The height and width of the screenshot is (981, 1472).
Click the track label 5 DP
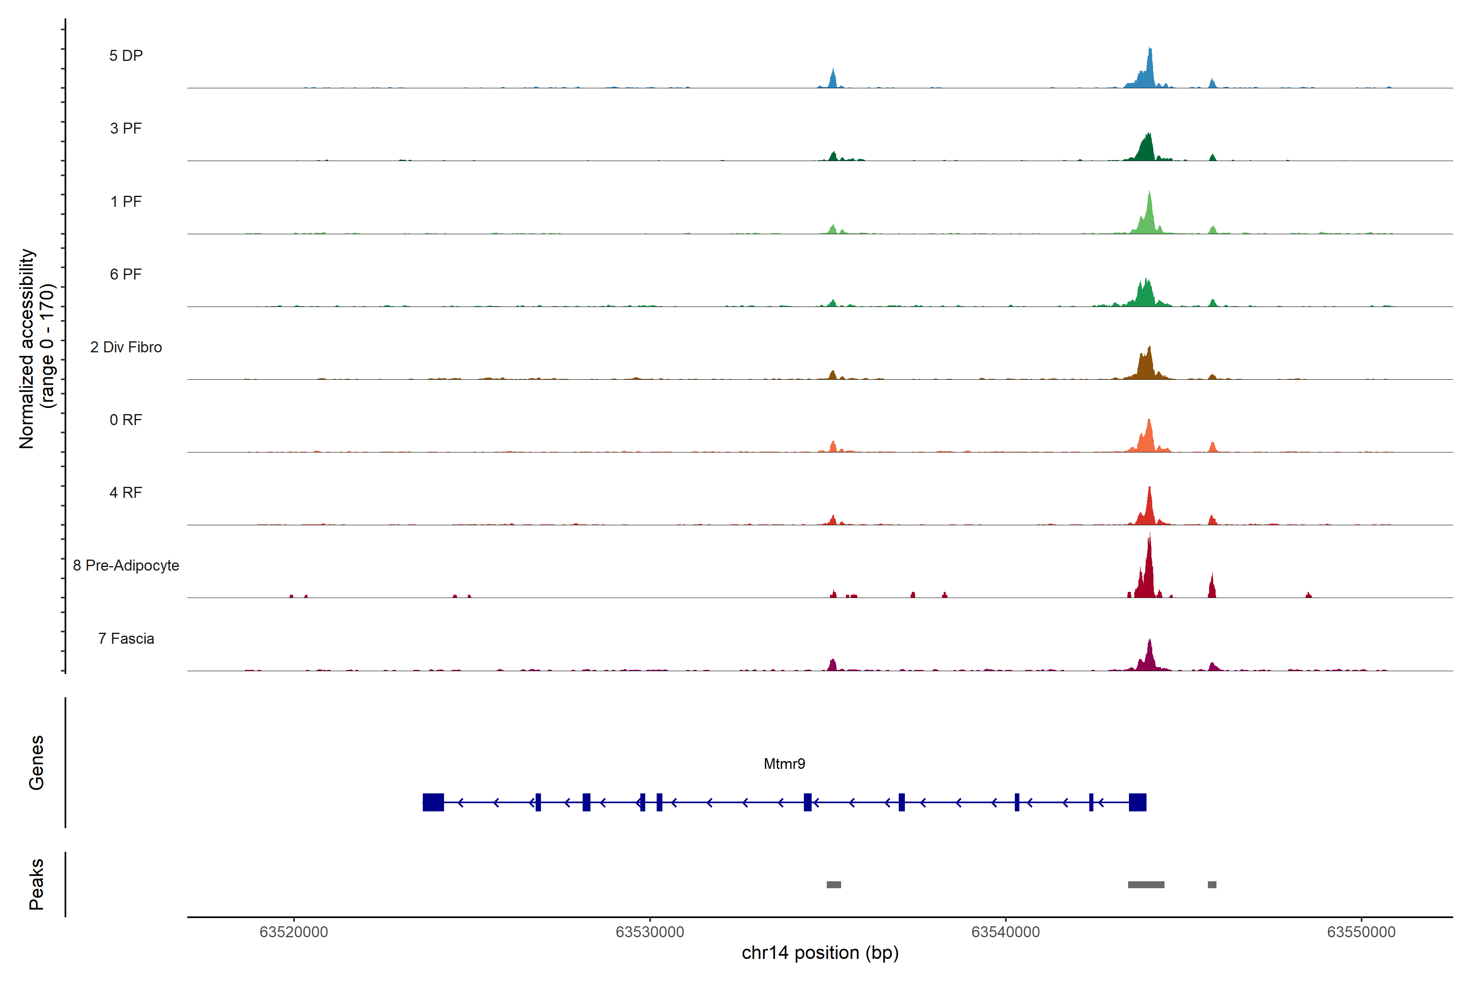coord(126,56)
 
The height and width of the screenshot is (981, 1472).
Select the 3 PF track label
coord(126,128)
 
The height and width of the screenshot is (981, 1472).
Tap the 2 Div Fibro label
coord(126,347)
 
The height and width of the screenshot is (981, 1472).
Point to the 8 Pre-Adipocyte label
coord(126,566)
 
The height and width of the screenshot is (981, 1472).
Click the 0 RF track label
coord(126,420)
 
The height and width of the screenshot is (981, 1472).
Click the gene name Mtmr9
coord(784,764)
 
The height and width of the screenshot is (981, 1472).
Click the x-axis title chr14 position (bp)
coord(820,953)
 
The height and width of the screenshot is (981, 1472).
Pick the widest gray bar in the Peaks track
coord(1146,885)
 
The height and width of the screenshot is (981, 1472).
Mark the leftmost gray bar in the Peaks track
coord(834,885)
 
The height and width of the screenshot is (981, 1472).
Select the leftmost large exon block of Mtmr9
coord(433,802)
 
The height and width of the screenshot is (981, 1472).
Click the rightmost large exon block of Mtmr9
coord(1137,802)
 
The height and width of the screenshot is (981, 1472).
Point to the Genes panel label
coord(36,763)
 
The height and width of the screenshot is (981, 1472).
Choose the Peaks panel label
coord(36,884)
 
